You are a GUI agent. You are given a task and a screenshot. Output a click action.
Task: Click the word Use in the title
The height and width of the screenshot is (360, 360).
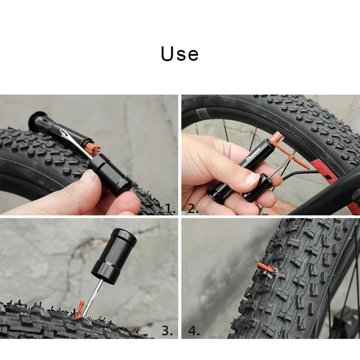[179, 53]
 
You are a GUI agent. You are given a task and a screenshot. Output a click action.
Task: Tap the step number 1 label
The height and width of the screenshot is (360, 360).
[170, 209]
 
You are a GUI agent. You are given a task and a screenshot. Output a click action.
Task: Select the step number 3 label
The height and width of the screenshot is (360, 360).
[168, 330]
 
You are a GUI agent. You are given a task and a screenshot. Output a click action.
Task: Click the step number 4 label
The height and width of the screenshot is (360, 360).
[193, 330]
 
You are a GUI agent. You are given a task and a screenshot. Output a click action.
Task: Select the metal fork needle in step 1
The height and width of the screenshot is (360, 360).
[70, 138]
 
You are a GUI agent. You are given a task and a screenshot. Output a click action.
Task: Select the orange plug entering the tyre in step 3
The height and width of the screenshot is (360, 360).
[80, 309]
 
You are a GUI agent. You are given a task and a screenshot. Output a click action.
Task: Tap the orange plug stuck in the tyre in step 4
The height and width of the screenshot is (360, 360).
[267, 268]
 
